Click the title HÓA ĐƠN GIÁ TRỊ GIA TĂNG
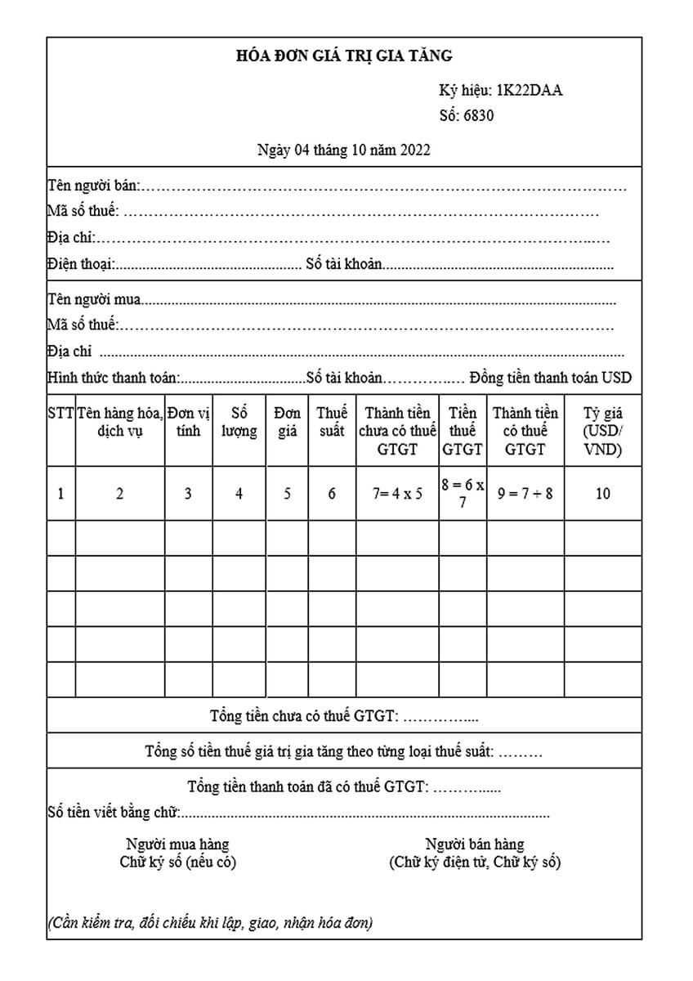(343, 56)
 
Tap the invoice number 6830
(478, 115)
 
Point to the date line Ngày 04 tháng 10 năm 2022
(343, 150)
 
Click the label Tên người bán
(92, 186)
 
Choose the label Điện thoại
(80, 264)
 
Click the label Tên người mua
(94, 299)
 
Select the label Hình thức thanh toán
(113, 379)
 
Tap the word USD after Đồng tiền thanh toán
(616, 379)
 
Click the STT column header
(60, 413)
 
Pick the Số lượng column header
(239, 422)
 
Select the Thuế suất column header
(332, 422)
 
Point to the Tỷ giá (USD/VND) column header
(603, 431)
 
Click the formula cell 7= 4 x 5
(396, 494)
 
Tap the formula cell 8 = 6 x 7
(463, 494)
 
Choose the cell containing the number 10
(603, 494)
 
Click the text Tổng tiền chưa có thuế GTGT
(304, 716)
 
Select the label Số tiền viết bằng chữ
(114, 813)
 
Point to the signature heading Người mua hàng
(177, 844)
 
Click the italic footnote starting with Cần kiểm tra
(211, 924)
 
